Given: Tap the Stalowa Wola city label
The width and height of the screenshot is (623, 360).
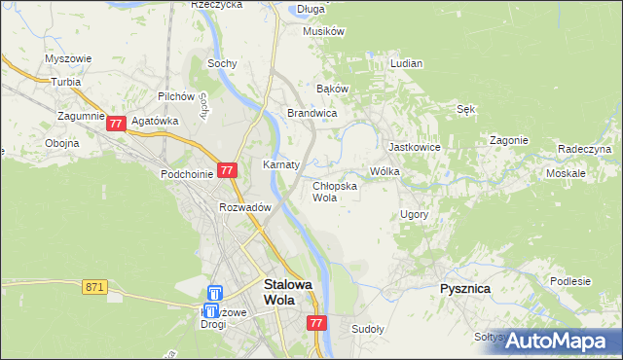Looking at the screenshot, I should [289, 292].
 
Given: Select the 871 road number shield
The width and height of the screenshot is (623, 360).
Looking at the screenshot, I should [94, 287].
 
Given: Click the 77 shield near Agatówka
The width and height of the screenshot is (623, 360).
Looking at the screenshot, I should [116, 124].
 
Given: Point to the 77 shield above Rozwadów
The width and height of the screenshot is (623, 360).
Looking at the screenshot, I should [226, 169].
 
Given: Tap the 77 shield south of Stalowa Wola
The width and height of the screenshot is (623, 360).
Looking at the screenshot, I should [315, 322].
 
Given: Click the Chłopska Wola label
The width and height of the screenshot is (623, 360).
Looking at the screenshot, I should [334, 191].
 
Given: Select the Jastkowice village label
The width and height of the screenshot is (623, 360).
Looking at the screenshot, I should [414, 147].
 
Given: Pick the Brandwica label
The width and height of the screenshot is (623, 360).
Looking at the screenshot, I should [311, 114].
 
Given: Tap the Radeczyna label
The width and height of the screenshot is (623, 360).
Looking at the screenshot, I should [584, 149].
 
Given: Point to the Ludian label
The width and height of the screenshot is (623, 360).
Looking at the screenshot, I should [406, 63].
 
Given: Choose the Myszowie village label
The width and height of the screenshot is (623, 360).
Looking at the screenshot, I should [68, 58].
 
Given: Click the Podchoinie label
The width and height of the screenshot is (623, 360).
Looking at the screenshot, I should [186, 173].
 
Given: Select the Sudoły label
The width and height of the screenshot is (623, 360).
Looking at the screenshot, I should [368, 329].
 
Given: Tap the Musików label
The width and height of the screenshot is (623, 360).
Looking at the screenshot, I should [324, 31].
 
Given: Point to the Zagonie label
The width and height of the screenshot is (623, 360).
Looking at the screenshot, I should [508, 140].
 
